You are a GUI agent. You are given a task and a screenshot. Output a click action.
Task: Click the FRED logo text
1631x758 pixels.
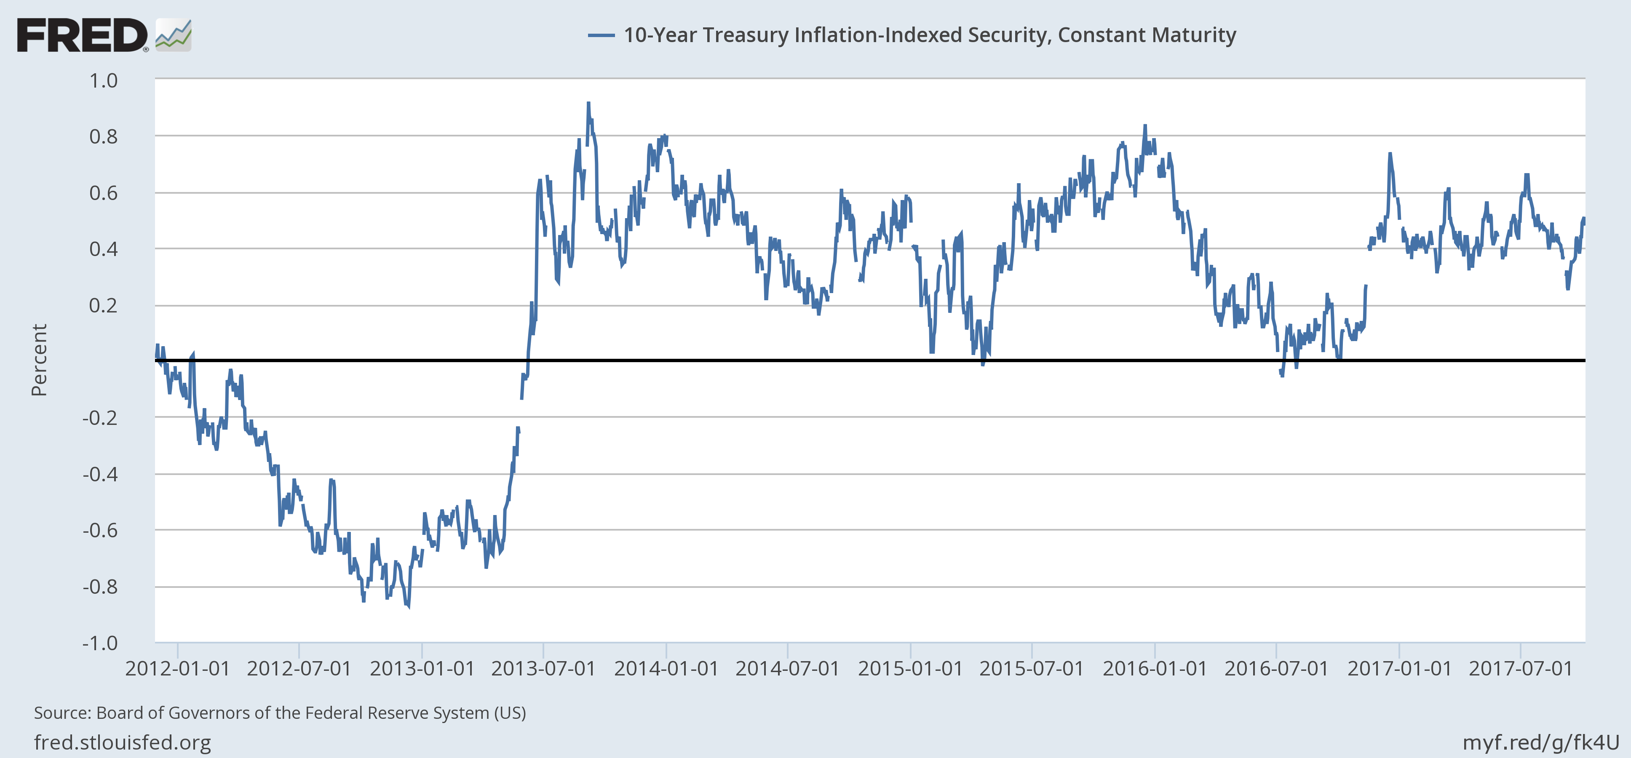(x=82, y=35)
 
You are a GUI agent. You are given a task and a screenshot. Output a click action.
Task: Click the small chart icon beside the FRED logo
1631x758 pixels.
(x=173, y=35)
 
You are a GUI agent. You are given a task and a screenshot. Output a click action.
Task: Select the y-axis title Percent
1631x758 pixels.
(x=39, y=360)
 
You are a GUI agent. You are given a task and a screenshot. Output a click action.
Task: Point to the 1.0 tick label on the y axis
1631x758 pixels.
(x=103, y=81)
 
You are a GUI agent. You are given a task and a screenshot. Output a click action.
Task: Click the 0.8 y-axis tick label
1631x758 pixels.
(x=103, y=137)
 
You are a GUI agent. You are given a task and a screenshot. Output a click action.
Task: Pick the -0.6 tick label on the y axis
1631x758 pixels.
(x=100, y=530)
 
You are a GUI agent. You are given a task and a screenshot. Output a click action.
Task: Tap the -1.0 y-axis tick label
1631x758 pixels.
(x=100, y=643)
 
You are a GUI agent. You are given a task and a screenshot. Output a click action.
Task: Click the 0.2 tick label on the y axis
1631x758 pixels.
(x=103, y=306)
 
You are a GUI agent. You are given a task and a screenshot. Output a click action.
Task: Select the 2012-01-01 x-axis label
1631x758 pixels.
(x=177, y=669)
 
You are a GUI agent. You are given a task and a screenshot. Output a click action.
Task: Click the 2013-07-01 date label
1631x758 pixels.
(x=543, y=669)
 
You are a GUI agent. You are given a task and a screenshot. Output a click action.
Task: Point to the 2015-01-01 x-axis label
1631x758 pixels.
(x=910, y=669)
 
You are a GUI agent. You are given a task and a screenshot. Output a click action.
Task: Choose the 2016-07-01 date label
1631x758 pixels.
(x=1276, y=669)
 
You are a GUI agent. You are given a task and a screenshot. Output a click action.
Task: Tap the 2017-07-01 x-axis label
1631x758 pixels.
(x=1520, y=669)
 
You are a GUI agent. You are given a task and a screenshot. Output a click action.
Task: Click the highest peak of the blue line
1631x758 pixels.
(x=588, y=102)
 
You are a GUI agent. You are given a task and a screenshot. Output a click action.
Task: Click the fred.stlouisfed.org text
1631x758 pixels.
(x=122, y=742)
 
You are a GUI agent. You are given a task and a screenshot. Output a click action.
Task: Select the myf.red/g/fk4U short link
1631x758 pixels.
(x=1540, y=742)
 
